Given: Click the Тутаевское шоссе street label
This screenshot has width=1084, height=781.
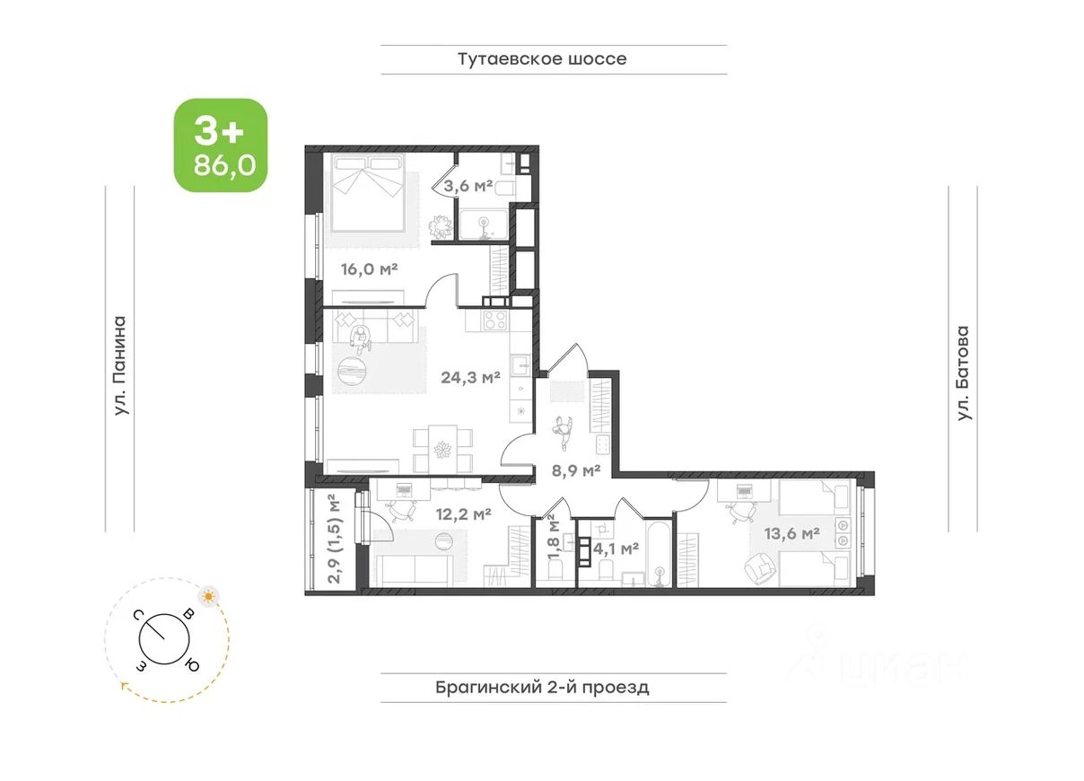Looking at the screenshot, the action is click(542, 59).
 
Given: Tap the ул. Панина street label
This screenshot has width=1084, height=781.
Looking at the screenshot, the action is click(120, 366).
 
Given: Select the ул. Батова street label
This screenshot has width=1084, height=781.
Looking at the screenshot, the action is click(964, 373).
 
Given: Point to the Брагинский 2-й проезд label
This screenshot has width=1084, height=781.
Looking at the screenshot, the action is click(542, 687).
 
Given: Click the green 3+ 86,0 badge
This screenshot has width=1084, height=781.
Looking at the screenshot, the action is click(221, 145).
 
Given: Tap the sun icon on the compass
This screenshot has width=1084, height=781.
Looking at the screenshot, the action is click(208, 596).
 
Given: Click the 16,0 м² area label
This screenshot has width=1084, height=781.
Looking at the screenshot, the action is click(369, 268).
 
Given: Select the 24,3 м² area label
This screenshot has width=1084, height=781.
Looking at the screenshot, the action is click(470, 377).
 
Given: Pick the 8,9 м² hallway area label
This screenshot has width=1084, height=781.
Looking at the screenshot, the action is click(576, 469).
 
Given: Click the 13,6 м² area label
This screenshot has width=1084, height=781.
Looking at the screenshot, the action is click(791, 533).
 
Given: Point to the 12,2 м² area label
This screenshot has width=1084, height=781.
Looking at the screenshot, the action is click(464, 513).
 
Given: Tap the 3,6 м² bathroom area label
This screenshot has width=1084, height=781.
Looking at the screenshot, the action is click(468, 186).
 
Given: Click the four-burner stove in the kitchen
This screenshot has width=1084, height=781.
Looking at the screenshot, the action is click(495, 320).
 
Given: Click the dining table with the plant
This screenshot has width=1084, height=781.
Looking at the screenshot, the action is click(442, 448).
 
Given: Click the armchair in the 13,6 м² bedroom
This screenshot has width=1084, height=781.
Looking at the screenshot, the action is click(762, 568).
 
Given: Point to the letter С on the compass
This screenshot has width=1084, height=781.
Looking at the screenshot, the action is click(138, 616).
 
